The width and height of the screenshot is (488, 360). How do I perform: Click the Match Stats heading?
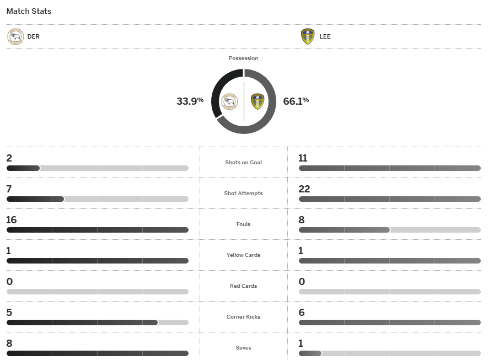[29, 11]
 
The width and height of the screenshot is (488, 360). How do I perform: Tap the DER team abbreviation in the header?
[33, 37]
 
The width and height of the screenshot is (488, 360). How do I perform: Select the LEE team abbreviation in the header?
[325, 37]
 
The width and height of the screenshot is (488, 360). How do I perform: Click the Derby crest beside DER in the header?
[15, 37]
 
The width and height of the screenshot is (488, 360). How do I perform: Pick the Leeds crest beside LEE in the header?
[308, 37]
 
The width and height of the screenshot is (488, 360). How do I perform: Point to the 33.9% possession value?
[190, 101]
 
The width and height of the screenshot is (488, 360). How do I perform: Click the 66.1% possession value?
[296, 101]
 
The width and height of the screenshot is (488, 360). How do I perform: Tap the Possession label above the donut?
[243, 58]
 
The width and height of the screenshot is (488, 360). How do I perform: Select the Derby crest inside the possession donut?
[229, 101]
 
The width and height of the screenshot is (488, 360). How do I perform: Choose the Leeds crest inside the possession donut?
[258, 101]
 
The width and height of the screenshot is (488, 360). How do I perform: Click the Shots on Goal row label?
[243, 163]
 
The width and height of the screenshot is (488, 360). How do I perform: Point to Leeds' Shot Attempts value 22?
[304, 189]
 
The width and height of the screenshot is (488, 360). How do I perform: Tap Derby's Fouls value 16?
[12, 220]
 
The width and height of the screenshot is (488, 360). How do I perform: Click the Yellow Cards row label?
[243, 255]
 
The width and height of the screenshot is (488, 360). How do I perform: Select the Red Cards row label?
[243, 286]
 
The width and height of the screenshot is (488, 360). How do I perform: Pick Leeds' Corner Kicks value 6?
[301, 313]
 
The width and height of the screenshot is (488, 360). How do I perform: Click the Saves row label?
[243, 348]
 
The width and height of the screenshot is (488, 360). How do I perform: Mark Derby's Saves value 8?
[9, 343]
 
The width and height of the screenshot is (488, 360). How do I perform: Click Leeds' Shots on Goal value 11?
[303, 158]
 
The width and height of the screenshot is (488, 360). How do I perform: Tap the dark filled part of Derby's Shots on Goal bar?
[23, 168]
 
